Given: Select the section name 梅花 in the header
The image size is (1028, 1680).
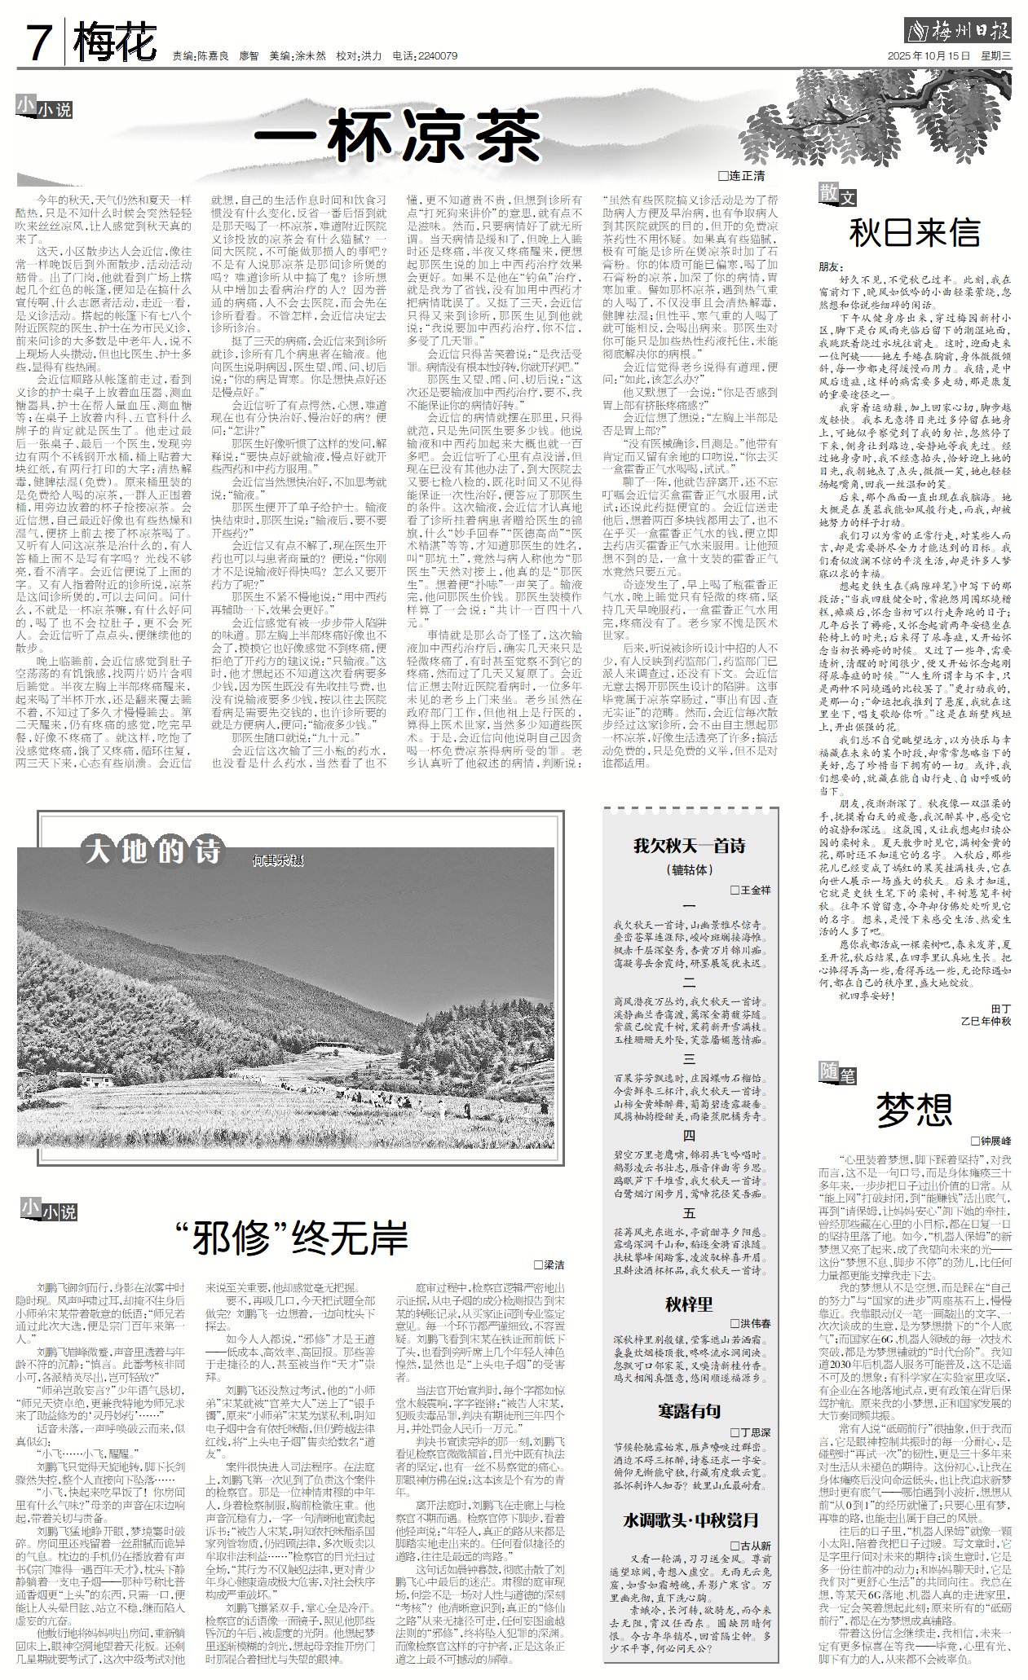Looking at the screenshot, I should (x=113, y=43).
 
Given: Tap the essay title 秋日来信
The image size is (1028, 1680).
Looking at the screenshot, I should (x=914, y=233).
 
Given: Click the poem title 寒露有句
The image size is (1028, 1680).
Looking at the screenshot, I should (x=689, y=1410).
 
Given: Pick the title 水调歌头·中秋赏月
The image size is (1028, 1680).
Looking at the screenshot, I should (x=691, y=1519).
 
